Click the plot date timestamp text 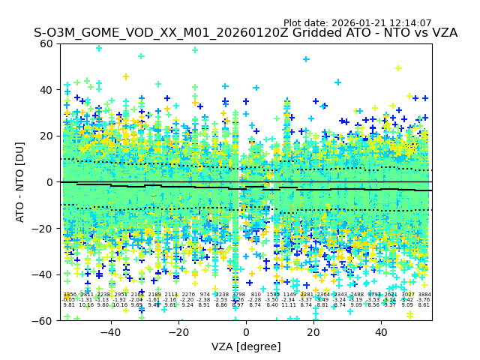[x=357, y=23]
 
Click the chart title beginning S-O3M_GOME [x=245, y=34]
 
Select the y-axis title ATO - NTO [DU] [x=21, y=181]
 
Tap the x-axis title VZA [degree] [x=246, y=346]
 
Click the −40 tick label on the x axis [x=111, y=332]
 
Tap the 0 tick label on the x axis [x=246, y=332]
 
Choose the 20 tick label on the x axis [x=313, y=332]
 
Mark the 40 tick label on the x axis [x=381, y=332]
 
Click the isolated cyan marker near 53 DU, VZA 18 [x=306, y=59]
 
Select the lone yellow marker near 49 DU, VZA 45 [x=398, y=68]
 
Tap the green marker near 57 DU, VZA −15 [x=195, y=50]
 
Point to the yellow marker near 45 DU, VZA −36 [x=126, y=77]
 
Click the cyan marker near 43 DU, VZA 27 [x=337, y=82]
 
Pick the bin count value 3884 [x=424, y=295]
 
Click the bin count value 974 [x=205, y=295]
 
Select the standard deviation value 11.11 [x=289, y=305]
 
